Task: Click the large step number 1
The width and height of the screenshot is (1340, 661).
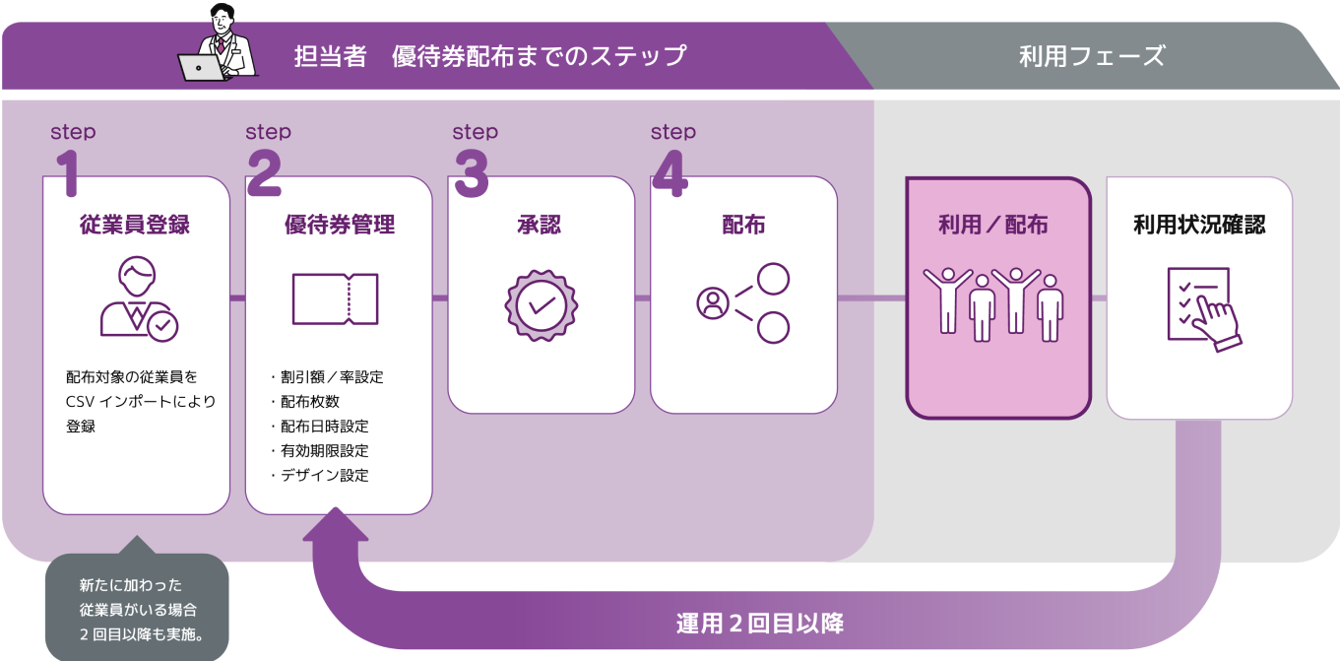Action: (x=66, y=174)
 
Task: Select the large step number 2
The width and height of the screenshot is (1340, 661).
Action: (x=264, y=174)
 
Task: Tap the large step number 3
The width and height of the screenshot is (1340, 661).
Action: (x=471, y=174)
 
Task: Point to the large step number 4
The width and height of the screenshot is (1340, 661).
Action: (x=669, y=174)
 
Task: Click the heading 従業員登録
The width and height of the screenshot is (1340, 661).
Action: (x=135, y=225)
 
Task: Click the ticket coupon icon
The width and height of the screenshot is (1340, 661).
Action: (x=336, y=298)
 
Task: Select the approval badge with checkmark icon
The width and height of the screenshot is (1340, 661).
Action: (x=541, y=304)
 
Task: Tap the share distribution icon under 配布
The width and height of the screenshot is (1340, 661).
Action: (x=743, y=302)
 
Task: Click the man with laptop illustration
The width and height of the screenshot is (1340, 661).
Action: (x=219, y=46)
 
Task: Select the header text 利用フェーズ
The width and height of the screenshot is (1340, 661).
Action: (x=1092, y=56)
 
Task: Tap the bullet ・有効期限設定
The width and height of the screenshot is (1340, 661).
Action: (x=319, y=450)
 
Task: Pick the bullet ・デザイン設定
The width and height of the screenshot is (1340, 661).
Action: (x=319, y=475)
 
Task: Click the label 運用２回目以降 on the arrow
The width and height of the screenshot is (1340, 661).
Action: (x=759, y=624)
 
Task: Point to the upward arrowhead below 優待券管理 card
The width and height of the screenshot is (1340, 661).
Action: (x=336, y=526)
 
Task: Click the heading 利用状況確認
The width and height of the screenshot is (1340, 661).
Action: (x=1199, y=225)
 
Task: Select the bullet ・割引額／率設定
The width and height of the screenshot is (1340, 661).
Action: (x=326, y=376)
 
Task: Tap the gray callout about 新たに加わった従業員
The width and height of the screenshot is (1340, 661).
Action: (x=137, y=608)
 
